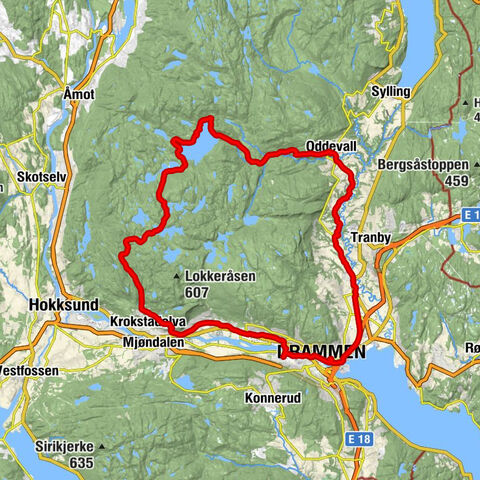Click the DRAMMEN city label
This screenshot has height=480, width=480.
point(322,352)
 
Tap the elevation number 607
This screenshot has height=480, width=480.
point(197,292)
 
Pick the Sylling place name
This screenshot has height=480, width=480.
point(391,91)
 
